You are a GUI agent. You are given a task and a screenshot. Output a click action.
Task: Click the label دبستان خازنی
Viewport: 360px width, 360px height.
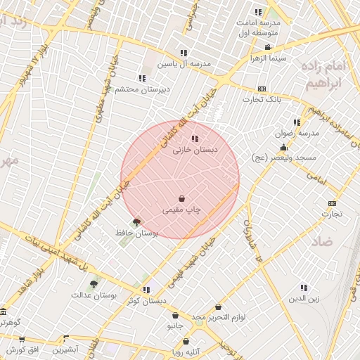(195, 150)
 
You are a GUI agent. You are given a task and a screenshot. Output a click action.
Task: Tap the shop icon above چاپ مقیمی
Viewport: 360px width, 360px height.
(182, 198)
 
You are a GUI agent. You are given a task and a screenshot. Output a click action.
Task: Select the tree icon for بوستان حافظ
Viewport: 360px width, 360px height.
(136, 221)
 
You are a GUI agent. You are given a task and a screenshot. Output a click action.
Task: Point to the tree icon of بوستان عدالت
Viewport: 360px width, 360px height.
(94, 284)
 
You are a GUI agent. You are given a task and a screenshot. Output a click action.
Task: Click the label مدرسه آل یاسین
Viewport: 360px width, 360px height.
(184, 64)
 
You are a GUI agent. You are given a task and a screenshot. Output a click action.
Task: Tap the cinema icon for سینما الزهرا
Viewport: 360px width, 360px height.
(268, 48)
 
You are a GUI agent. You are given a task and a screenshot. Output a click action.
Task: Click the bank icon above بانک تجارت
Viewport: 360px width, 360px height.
(262, 89)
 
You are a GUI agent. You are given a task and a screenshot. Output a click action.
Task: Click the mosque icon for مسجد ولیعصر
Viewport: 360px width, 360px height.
(283, 148)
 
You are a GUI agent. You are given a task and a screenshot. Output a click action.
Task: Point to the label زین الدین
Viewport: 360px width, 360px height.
(304, 299)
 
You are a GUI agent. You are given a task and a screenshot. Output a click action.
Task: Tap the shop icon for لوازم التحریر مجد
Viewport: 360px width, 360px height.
(219, 307)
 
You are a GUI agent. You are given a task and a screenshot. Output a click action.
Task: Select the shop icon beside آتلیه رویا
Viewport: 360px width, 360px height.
(186, 342)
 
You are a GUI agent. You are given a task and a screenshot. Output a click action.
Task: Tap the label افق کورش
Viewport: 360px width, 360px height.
(27, 349)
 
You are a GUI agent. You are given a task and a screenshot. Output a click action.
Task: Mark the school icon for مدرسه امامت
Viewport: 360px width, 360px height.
(258, 12)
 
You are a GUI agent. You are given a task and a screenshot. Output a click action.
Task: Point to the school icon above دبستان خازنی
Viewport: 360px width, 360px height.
(195, 139)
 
